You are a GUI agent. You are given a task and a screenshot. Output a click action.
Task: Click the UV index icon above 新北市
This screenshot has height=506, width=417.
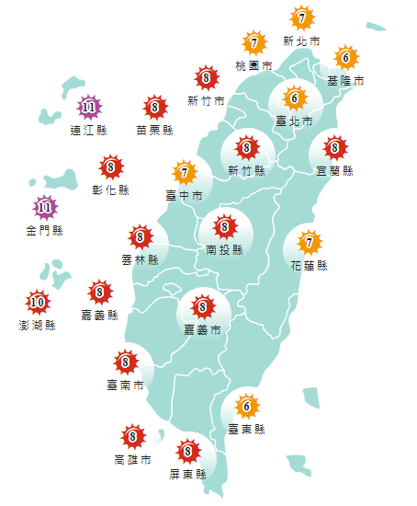(x=302, y=17)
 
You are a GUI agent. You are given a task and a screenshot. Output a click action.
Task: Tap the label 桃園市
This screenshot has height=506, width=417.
(x=254, y=66)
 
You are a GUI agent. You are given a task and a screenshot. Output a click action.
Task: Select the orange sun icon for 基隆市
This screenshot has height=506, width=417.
(x=345, y=58)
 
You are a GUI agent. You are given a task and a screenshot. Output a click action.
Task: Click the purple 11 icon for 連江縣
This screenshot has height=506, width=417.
(x=88, y=108)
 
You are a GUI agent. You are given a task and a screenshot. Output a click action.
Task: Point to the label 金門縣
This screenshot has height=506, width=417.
(x=44, y=231)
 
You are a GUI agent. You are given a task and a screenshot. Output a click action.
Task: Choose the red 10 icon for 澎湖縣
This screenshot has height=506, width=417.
(x=37, y=302)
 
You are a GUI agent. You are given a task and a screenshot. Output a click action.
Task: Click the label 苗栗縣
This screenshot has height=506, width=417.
(x=154, y=131)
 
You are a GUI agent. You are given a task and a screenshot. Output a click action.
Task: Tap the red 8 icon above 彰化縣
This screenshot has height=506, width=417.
(x=110, y=167)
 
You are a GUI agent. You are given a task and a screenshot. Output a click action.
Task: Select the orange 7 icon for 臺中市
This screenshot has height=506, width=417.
(x=185, y=172)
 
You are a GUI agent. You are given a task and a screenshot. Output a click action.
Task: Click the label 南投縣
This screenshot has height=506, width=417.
(x=224, y=249)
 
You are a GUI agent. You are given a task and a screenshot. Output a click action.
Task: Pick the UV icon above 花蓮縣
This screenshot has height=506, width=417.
(x=310, y=243)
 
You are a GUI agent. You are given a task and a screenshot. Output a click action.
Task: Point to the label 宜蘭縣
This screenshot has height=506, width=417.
(x=334, y=171)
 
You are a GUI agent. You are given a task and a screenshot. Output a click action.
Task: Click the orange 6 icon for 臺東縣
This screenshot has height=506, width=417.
(x=245, y=406)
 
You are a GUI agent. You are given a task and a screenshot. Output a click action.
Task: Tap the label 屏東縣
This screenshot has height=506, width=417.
(x=188, y=474)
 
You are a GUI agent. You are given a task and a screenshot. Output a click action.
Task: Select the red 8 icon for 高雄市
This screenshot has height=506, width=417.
(x=133, y=436)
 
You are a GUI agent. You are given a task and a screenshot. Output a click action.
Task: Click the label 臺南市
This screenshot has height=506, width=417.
(x=126, y=385)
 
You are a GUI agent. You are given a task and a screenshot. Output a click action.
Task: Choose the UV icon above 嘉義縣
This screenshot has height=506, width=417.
(x=99, y=293)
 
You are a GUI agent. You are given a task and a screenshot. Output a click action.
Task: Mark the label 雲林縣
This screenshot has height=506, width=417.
(x=141, y=260)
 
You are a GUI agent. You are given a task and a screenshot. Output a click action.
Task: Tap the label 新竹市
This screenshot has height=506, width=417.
(x=206, y=101)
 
